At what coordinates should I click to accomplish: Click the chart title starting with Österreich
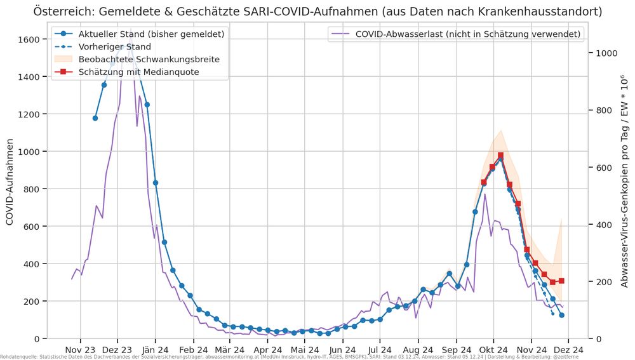(317, 11)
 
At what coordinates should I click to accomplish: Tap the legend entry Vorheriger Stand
(115, 46)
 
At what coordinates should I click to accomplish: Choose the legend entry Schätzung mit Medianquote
(139, 72)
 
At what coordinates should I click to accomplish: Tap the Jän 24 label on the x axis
(155, 349)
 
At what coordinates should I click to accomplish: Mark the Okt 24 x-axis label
(494, 349)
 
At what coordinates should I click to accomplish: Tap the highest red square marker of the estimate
(500, 156)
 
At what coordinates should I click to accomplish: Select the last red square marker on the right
(561, 281)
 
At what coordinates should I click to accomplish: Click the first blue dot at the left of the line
(95, 118)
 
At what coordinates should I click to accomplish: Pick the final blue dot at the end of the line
(561, 315)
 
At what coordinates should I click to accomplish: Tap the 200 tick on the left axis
(33, 301)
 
